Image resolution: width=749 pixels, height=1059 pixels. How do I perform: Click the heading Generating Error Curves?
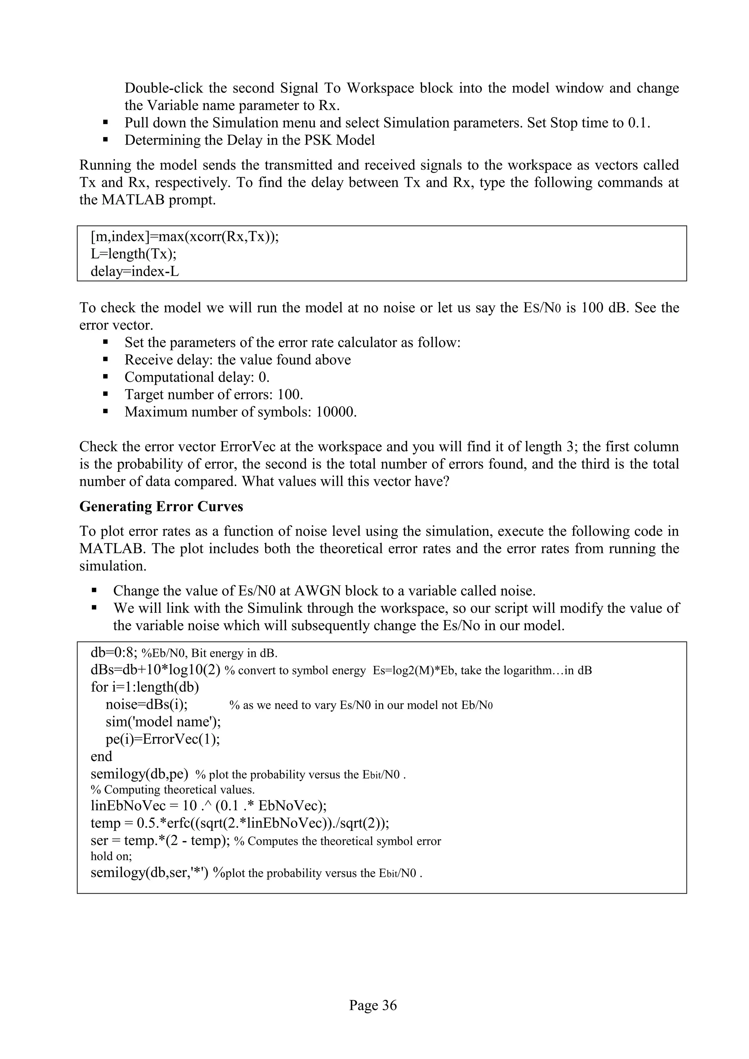point(161,506)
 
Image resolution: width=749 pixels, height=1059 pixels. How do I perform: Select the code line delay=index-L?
point(135,272)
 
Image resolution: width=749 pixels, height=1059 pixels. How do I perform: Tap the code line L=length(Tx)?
point(134,254)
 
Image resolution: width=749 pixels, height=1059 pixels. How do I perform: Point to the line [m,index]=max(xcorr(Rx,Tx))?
point(184,237)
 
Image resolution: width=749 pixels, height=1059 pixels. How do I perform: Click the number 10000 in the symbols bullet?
point(335,412)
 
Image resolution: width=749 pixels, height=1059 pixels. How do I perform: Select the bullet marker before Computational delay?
point(106,377)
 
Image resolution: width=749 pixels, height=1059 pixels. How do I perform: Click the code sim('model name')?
point(163,721)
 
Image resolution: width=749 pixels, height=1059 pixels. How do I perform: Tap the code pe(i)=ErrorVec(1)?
point(162,739)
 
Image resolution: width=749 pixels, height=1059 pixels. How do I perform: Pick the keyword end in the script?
point(101,757)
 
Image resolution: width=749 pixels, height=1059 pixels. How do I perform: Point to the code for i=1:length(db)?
point(145,687)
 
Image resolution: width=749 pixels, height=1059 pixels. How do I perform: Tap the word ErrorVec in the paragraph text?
point(249,446)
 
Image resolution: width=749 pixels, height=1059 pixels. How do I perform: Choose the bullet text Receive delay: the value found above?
point(237,360)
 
